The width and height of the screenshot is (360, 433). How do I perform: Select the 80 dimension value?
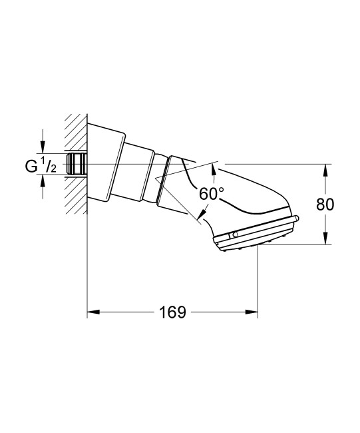tap(325, 205)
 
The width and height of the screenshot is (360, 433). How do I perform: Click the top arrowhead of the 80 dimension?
tap(325, 169)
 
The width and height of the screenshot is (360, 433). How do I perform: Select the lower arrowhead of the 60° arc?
tap(200, 214)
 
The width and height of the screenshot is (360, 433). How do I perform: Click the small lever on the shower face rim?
tap(234, 235)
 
